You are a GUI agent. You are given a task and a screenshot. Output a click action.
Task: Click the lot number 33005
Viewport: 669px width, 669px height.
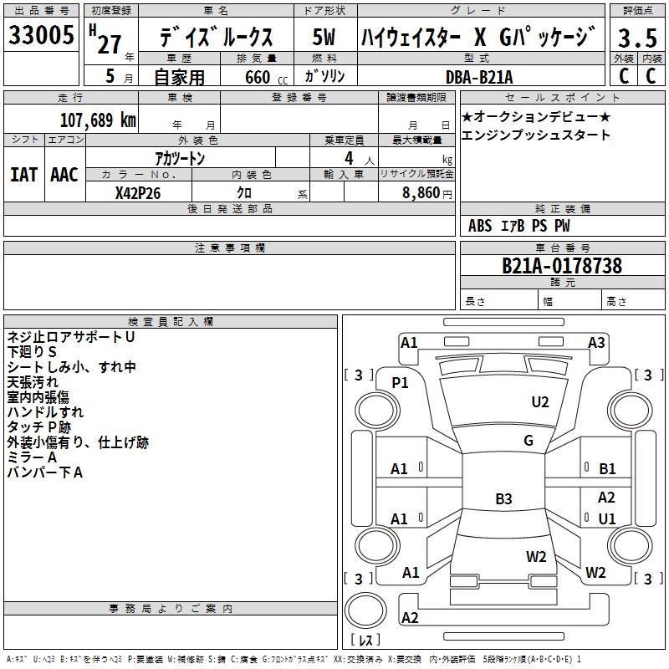(41, 35)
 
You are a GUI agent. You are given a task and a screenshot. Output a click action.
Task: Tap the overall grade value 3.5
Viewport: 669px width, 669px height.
(637, 38)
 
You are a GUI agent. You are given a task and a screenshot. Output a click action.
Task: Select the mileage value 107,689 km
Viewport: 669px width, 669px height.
(98, 120)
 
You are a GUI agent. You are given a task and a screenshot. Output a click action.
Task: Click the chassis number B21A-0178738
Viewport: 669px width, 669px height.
(562, 265)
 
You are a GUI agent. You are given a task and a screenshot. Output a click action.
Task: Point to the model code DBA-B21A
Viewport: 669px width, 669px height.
(479, 77)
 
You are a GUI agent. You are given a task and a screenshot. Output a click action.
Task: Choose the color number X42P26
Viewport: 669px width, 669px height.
(138, 193)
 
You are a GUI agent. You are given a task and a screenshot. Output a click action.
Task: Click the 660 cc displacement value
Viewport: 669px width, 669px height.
(266, 78)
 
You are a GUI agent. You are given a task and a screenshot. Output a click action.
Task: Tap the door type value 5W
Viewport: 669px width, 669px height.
(324, 37)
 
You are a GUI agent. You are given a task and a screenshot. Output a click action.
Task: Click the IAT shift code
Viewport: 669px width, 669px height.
(23, 175)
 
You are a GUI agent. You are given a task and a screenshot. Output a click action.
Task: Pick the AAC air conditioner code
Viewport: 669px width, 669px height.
(64, 175)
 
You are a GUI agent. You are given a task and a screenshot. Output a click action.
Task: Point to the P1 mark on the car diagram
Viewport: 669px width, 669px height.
(400, 383)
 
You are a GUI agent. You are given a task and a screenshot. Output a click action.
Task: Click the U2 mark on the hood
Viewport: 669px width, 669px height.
(540, 402)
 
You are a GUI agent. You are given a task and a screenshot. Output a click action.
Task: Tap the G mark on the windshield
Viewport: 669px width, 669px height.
(529, 440)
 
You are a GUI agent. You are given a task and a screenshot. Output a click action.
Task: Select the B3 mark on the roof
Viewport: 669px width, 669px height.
(503, 498)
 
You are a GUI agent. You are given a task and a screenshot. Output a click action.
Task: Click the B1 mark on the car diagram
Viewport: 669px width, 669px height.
(607, 469)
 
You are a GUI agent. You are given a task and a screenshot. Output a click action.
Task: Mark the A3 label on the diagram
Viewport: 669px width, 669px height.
(596, 343)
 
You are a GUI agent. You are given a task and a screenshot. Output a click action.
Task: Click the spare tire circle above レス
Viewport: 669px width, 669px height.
(365, 610)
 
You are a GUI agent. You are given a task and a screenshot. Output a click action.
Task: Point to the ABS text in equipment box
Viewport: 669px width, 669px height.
(480, 226)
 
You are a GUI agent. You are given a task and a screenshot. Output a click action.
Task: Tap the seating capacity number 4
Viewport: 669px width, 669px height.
(349, 158)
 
